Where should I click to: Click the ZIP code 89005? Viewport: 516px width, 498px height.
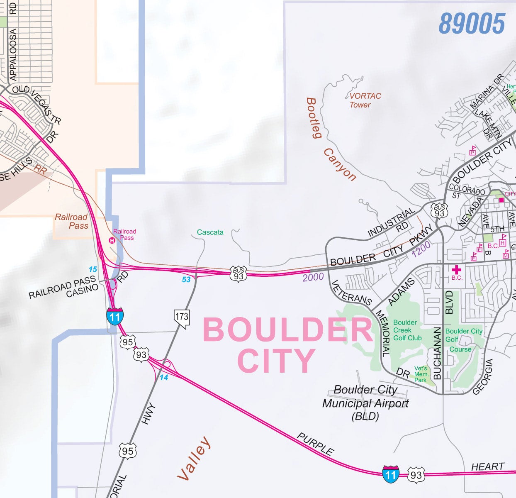point(472,23)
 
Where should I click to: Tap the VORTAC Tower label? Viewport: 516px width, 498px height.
point(364,100)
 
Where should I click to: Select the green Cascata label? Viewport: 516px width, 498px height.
point(210,232)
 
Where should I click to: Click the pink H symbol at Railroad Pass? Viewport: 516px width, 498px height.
point(112,240)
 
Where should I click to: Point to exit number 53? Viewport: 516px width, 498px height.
point(186,280)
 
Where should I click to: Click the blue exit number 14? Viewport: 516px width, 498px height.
point(164,378)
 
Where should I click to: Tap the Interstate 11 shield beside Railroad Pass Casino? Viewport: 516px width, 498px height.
point(114,316)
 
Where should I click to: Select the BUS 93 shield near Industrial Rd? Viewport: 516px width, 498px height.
point(439,211)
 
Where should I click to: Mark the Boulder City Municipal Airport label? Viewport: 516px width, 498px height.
point(365,403)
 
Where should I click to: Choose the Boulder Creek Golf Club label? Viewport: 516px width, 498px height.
point(406,330)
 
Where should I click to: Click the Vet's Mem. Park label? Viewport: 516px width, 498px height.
point(421,374)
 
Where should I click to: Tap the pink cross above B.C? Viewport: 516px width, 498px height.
point(456,270)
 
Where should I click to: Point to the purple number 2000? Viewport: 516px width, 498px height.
point(313,277)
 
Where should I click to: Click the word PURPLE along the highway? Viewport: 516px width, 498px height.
point(315,444)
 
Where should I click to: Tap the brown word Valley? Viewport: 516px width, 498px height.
point(194,458)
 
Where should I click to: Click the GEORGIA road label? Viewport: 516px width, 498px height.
point(483,377)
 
